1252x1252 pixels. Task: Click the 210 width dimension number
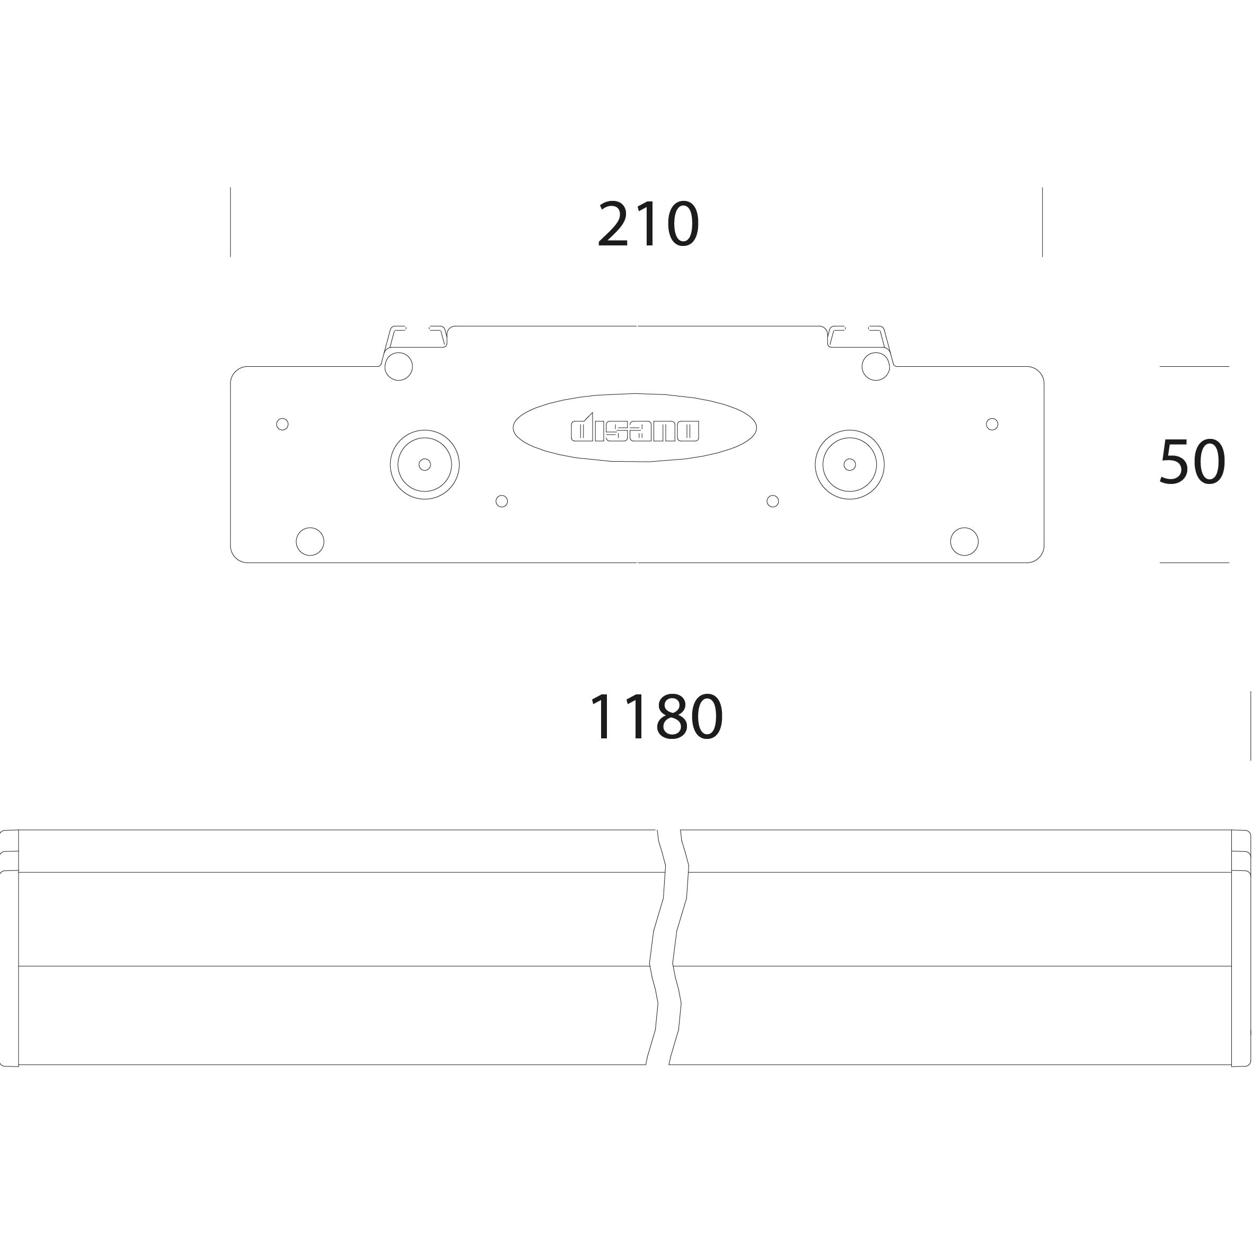point(648,224)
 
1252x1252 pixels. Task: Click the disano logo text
point(634,428)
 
